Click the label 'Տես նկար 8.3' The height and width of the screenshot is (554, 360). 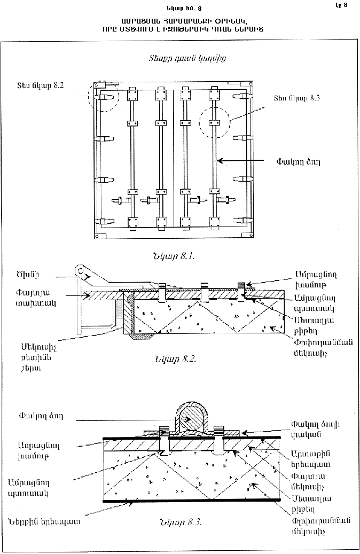pos(293,98)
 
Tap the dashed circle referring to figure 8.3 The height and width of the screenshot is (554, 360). pos(214,122)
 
